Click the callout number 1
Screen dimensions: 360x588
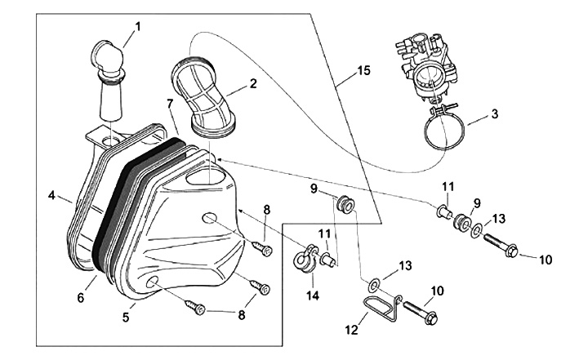137,26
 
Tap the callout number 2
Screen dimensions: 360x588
253,83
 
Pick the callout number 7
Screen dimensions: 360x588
169,104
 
